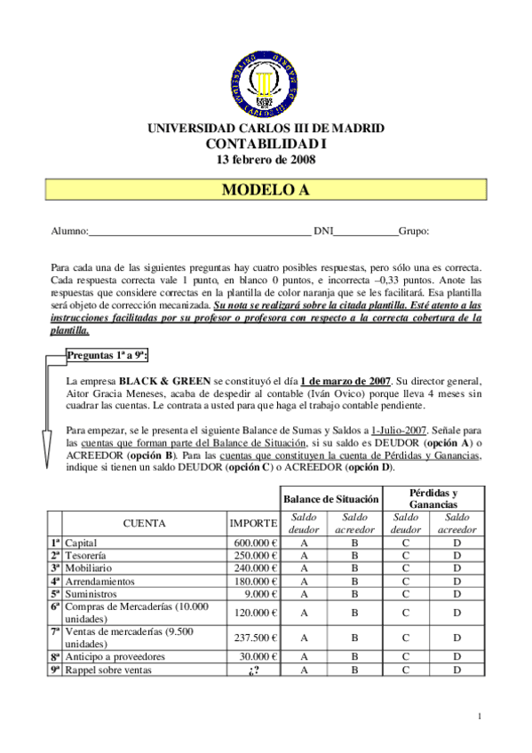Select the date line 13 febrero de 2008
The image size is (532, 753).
(266, 160)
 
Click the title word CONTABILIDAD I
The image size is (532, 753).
(266, 144)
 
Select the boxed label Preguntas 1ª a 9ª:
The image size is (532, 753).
(107, 355)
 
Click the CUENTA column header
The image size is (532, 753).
(144, 524)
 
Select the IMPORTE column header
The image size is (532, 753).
(254, 524)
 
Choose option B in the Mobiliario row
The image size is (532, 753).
(354, 568)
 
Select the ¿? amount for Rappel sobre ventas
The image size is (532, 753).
(254, 670)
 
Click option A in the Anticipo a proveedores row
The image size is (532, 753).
(305, 657)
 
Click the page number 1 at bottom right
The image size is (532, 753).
(480, 717)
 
